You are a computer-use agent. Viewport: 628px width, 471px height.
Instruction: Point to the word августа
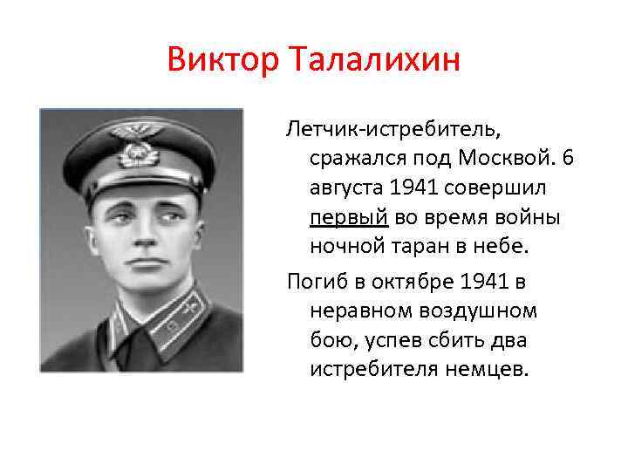click(344, 188)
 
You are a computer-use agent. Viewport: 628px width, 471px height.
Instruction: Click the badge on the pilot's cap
click(138, 152)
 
